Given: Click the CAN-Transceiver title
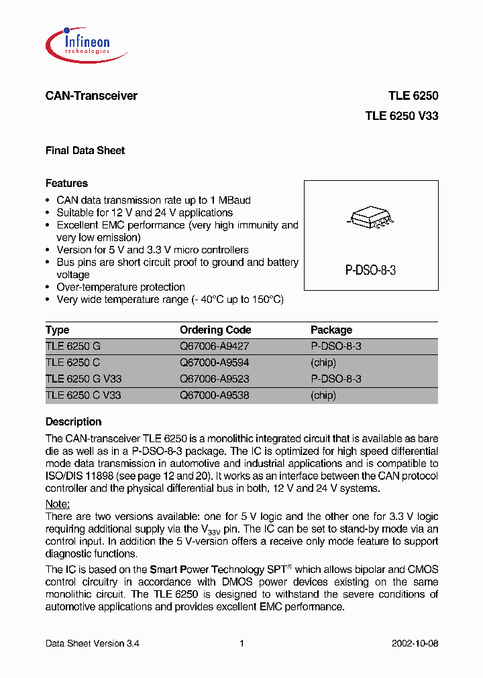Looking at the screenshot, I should coord(91,96).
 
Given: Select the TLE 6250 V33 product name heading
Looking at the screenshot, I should coord(401,115).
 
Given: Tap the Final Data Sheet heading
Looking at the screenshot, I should coord(85,151).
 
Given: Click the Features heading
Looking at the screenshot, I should coord(66,183).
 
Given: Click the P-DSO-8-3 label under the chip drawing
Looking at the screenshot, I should coord(371,271).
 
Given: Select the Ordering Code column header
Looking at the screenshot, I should coord(215,330).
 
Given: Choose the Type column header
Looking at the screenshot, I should coord(57,330).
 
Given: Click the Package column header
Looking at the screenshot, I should coord(331,330).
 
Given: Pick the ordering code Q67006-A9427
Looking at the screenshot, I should coord(214,346).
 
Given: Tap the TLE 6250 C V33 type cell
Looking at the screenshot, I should coord(83,395).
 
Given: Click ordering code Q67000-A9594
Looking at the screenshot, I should coord(214,362).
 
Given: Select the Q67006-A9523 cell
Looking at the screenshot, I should coord(214,379).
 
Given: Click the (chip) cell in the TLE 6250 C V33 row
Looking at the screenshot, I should coord(323,395).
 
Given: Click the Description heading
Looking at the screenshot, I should coord(73,422).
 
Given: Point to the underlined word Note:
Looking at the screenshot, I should coord(58,504).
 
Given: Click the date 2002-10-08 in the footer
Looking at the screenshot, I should coord(415,643).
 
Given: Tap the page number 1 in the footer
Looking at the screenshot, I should coord(241,643).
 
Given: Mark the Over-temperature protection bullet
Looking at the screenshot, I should coord(121,287).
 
